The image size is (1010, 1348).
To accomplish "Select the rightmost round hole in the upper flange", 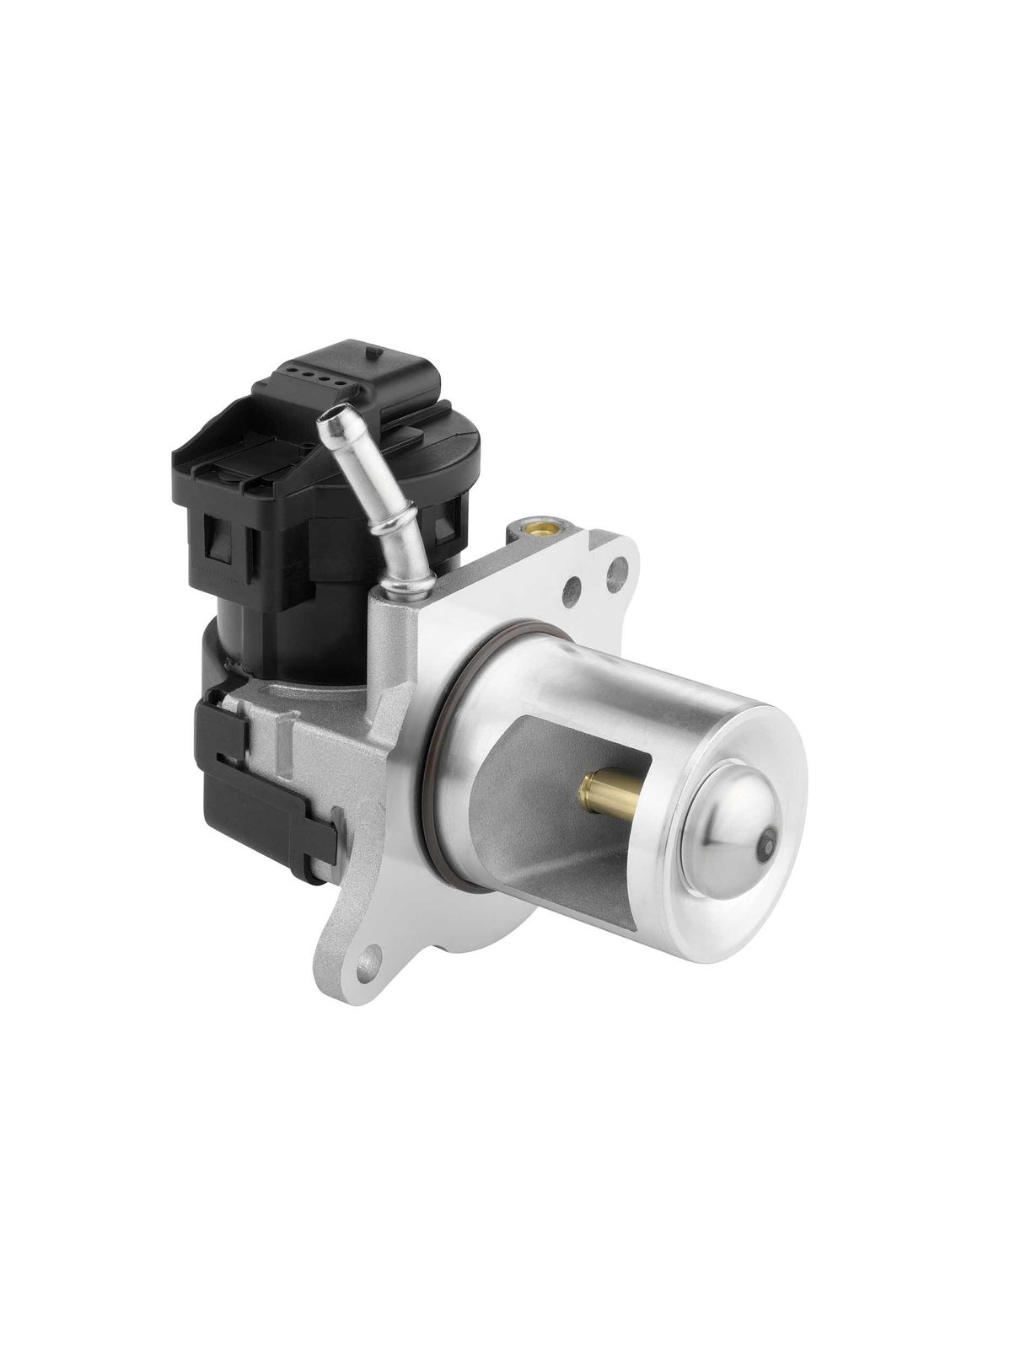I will click(x=621, y=570).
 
